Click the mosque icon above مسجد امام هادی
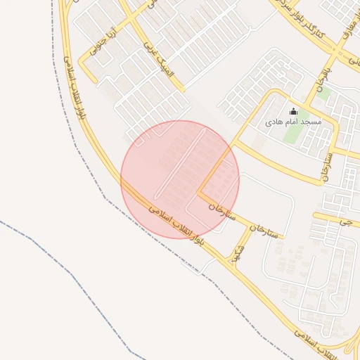coord(294,111)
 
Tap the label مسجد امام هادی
coord(293,122)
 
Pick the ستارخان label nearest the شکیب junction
coord(264,230)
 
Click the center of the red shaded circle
coord(180,179)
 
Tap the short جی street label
coord(344,221)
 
